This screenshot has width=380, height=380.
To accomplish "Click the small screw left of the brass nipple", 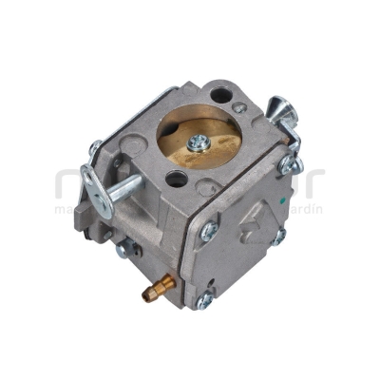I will pos(124,253).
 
